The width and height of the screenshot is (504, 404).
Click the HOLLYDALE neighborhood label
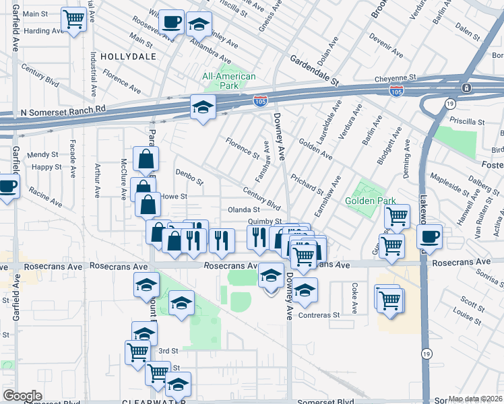[127, 57]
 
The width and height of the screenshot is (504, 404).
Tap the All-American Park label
[229, 81]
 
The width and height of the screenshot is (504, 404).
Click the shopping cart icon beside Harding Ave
[73, 20]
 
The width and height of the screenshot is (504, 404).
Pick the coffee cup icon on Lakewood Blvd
[429, 236]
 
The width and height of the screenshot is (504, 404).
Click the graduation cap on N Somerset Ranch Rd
[202, 107]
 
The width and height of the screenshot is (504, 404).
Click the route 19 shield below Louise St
[426, 352]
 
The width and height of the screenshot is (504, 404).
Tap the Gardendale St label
[314, 71]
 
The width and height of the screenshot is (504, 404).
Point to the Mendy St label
[43, 155]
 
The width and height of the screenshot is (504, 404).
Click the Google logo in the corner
[22, 395]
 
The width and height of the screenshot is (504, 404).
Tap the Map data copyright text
[475, 399]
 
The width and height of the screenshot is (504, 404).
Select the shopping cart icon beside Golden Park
[398, 217]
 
